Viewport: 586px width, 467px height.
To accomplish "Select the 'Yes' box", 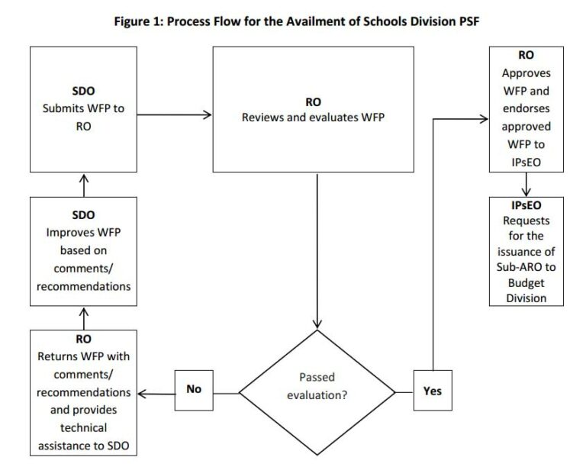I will pyautogui.click(x=432, y=391).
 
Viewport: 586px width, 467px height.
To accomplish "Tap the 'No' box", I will pyautogui.click(x=194, y=389).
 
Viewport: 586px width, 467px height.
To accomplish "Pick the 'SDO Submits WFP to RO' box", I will pyautogui.click(x=83, y=108).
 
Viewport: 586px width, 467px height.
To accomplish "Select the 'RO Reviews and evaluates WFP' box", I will pyautogui.click(x=313, y=108).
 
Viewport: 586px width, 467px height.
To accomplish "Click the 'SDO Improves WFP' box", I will pyautogui.click(x=83, y=251).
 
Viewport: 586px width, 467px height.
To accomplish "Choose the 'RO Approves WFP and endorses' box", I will pyautogui.click(x=525, y=108).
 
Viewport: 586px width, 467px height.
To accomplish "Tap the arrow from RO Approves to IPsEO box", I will pyautogui.click(x=526, y=184).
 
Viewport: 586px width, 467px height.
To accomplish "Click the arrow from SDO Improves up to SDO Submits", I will pyautogui.click(x=83, y=184).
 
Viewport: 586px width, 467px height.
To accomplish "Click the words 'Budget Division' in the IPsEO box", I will pyautogui.click(x=526, y=291).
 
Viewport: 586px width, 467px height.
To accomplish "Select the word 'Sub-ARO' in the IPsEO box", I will pyautogui.click(x=526, y=266).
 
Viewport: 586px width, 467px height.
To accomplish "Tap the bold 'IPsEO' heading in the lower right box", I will pyautogui.click(x=526, y=206).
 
